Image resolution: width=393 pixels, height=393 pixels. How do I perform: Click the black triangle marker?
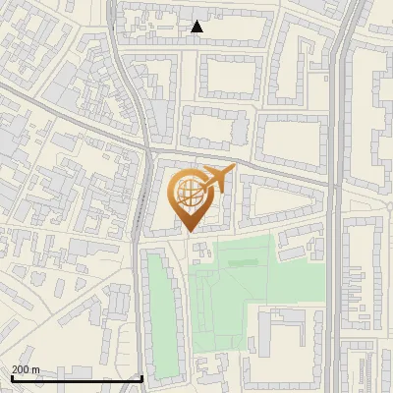pyautogui.click(x=197, y=27)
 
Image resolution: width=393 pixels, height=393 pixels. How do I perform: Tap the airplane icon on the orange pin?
pyautogui.click(x=215, y=179)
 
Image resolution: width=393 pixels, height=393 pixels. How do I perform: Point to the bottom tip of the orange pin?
pyautogui.click(x=188, y=230)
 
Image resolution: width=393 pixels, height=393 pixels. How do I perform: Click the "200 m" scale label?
pyautogui.click(x=26, y=369)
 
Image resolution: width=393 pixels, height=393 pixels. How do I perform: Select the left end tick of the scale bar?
pyautogui.click(x=11, y=376)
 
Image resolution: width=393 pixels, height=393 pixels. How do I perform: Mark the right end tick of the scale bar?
pyautogui.click(x=143, y=376)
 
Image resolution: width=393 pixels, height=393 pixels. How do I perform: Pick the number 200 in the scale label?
pyautogui.click(x=20, y=369)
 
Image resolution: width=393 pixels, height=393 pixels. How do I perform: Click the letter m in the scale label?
pyautogui.click(x=36, y=369)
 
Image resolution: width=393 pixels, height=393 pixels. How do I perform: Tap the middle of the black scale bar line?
pyautogui.click(x=77, y=378)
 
